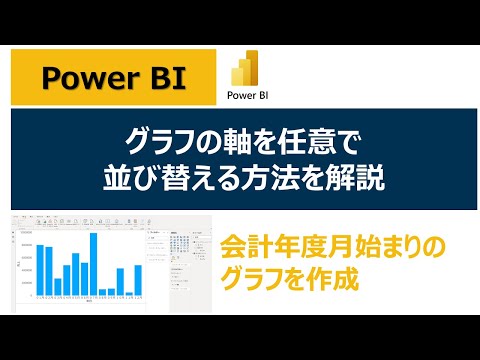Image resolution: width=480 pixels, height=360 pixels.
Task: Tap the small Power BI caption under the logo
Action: (246, 98)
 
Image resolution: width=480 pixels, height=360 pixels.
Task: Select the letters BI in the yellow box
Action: (162, 77)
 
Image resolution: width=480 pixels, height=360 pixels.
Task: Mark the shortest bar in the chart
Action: (130, 293)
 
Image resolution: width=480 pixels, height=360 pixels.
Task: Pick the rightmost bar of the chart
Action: (139, 280)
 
